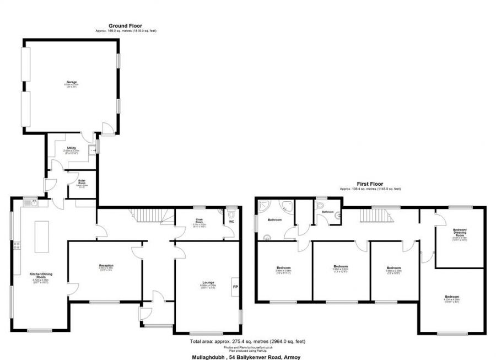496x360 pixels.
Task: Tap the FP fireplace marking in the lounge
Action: coord(235,287)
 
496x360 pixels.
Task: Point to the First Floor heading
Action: coord(369,184)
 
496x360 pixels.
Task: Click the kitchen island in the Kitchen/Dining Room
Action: coord(39,236)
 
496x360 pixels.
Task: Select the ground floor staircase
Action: coord(149,214)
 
